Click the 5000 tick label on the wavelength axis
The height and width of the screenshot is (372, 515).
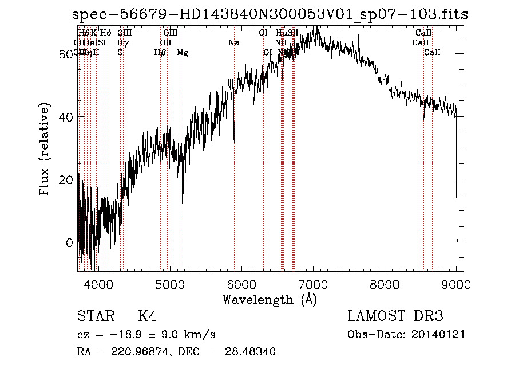tap(169, 284)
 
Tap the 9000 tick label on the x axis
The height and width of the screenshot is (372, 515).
tap(457, 284)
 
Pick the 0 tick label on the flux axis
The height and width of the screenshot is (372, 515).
tap(70, 242)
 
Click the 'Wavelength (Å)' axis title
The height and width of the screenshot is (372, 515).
tap(270, 299)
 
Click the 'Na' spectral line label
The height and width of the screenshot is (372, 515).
tap(233, 43)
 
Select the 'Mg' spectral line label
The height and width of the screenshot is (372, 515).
tap(183, 53)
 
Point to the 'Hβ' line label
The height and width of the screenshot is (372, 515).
tap(160, 53)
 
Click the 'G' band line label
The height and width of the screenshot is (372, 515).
tap(120, 53)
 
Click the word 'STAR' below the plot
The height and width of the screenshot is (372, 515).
tap(96, 316)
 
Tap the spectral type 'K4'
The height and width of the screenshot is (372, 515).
tap(148, 316)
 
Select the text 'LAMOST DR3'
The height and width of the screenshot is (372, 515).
tap(395, 316)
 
